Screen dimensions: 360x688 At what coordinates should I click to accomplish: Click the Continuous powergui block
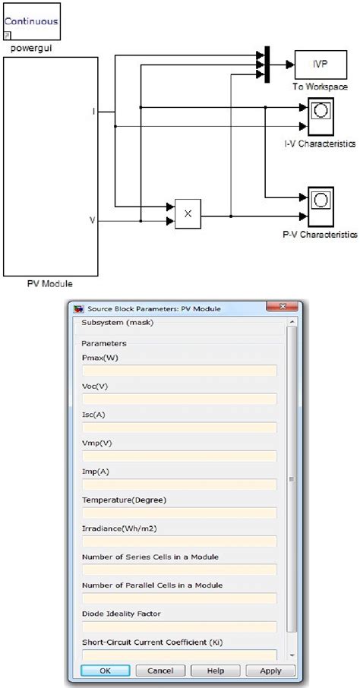point(32,21)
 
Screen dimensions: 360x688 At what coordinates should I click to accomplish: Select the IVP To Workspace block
point(321,65)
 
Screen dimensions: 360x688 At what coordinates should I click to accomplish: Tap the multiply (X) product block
point(188,213)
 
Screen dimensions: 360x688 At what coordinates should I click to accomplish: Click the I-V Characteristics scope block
point(321,116)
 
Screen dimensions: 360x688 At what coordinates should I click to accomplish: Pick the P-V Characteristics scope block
point(321,206)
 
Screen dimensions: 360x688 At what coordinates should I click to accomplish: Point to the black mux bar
point(267,65)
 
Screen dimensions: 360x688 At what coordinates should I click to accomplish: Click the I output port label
point(93,112)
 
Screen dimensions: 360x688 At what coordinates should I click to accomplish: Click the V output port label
point(92,220)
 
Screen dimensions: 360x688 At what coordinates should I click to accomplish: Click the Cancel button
point(160,671)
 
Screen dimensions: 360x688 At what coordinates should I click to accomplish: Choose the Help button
point(216,671)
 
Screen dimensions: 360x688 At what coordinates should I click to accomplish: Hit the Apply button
point(270,671)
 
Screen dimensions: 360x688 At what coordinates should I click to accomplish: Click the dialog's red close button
point(283,306)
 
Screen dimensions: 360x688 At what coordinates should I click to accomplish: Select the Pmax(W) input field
point(179,371)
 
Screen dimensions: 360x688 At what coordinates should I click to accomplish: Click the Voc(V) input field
point(179,399)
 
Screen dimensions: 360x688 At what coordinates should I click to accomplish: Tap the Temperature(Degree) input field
point(179,513)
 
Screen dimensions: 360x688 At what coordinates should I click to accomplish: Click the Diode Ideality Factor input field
point(179,626)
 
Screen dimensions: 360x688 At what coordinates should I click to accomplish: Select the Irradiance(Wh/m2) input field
point(179,541)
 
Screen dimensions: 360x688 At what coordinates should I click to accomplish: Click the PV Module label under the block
point(49,284)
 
